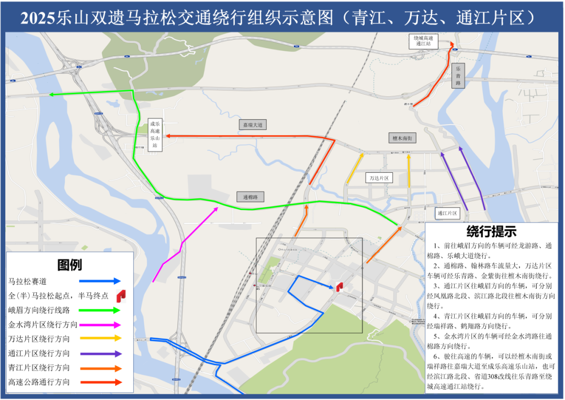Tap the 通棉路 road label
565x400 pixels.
click(x=250, y=197)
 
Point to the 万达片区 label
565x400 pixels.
click(x=379, y=178)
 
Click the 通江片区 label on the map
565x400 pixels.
click(x=447, y=213)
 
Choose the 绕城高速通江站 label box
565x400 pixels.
click(x=423, y=41)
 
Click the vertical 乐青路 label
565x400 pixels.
click(x=458, y=76)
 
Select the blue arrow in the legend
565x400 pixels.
click(x=102, y=281)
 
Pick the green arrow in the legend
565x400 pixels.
click(x=102, y=310)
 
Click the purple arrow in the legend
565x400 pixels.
click(x=102, y=353)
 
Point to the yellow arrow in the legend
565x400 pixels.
click(x=102, y=339)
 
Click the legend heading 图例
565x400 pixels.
click(x=70, y=265)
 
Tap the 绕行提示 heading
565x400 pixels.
click(x=491, y=231)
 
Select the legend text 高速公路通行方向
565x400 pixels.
click(x=39, y=382)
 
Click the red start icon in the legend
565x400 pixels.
click(x=121, y=296)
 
